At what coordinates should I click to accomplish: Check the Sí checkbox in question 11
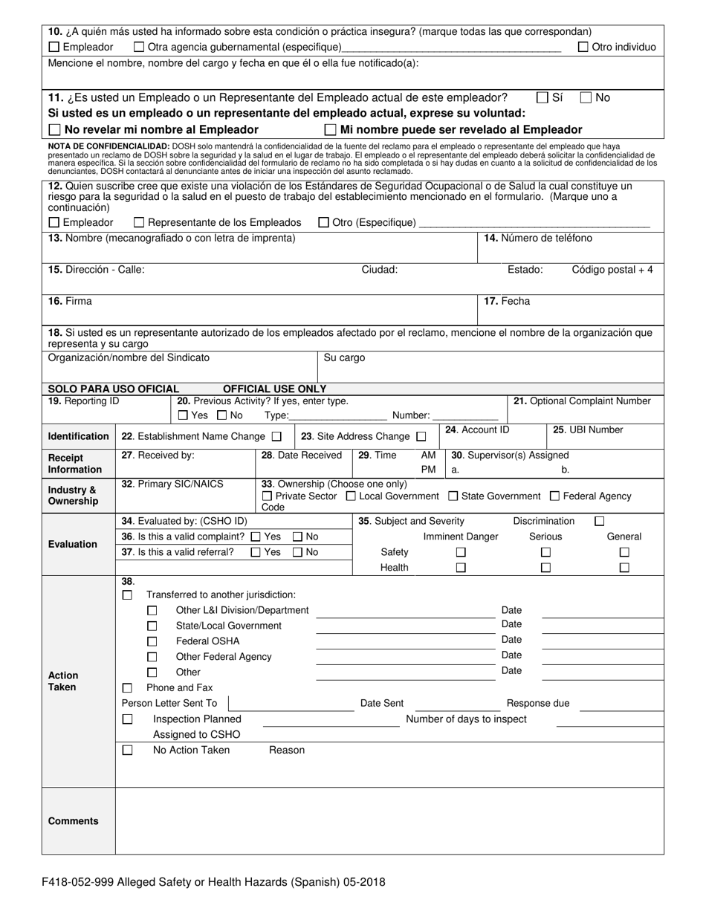click(543, 97)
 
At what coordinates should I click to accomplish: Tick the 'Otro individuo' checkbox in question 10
click(583, 47)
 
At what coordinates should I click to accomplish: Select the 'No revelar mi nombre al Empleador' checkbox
click(54, 129)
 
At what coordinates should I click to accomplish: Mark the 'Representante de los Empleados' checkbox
click(139, 222)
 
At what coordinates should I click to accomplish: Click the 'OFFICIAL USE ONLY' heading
click(274, 389)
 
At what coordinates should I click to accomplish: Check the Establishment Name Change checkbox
click(276, 436)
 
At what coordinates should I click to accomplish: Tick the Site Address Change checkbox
click(421, 436)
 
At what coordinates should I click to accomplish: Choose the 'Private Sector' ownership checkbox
click(268, 496)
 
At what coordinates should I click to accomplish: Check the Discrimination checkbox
click(600, 522)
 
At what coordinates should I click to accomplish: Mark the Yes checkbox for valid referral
click(256, 552)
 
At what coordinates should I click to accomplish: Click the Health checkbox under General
click(624, 568)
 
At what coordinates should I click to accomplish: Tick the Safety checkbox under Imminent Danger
click(461, 552)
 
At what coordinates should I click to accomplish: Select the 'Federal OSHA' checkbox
click(152, 641)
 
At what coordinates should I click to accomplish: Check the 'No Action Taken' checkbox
click(128, 751)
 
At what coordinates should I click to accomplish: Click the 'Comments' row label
click(74, 821)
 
